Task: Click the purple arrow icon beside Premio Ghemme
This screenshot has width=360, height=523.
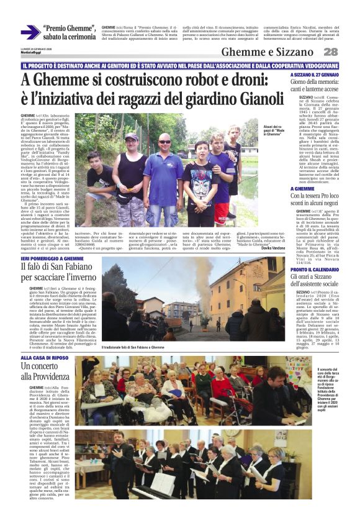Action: tap(30, 32)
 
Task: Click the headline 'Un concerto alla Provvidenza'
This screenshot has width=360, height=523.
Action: tap(43, 371)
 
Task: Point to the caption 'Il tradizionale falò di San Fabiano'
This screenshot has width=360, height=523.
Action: tap(134, 347)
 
